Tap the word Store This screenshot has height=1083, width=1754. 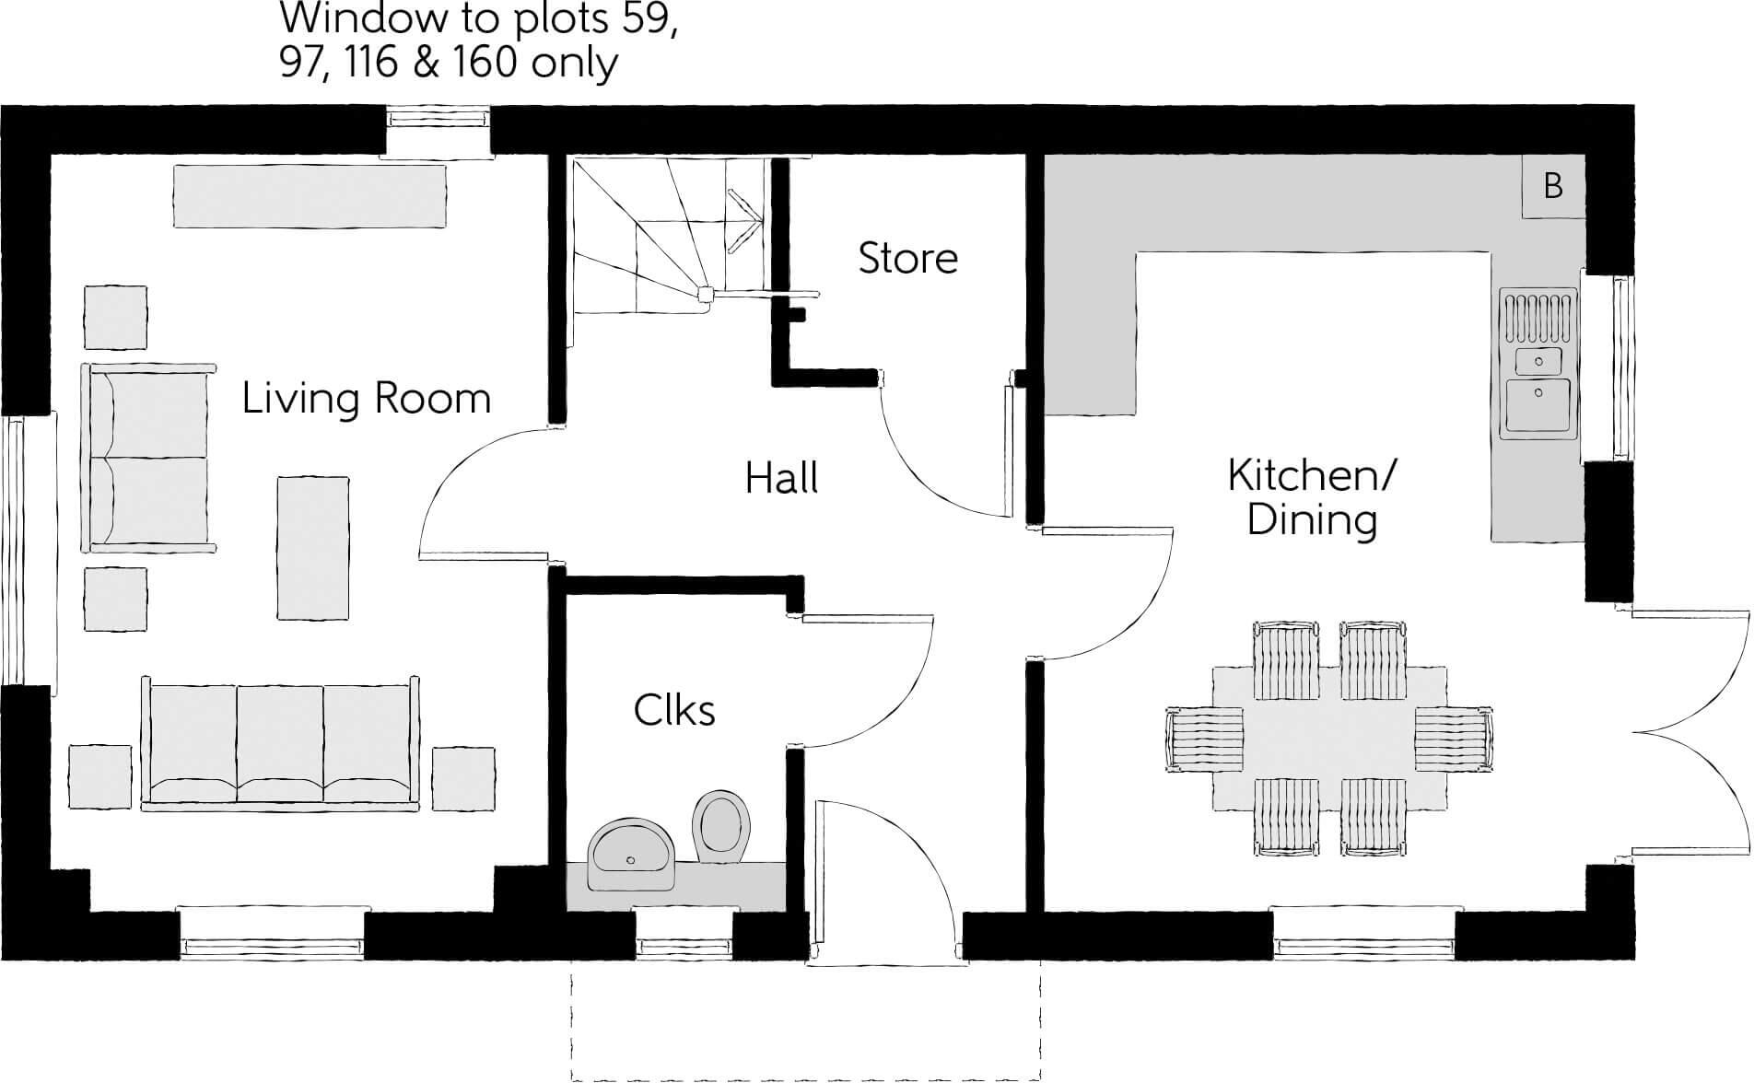tap(907, 258)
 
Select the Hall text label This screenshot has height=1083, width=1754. tap(781, 480)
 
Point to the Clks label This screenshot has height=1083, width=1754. tap(674, 711)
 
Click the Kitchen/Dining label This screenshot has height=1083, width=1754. tap(1312, 498)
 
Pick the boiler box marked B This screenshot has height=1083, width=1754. tap(1553, 187)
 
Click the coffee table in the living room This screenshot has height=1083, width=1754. tap(313, 548)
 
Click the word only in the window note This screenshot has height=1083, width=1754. tap(581, 64)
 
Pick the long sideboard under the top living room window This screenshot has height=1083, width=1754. tap(310, 195)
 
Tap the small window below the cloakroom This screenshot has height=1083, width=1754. tap(683, 945)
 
